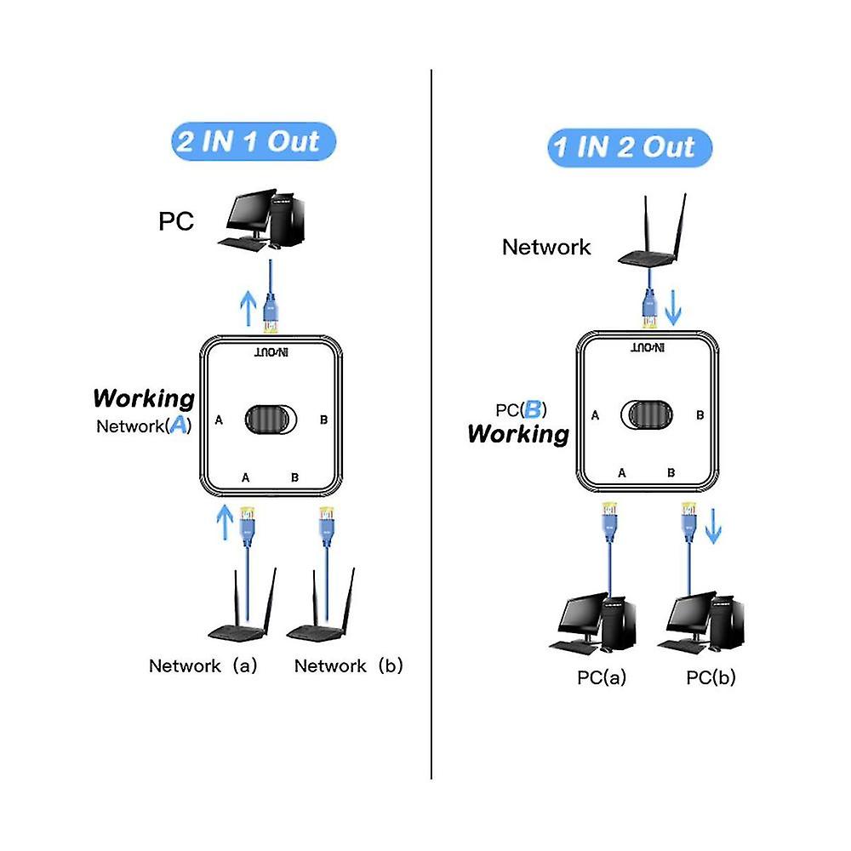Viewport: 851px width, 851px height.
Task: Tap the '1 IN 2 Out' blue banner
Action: (x=630, y=147)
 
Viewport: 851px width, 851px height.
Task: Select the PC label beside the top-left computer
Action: (x=176, y=222)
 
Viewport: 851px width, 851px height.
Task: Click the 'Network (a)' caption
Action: (x=203, y=665)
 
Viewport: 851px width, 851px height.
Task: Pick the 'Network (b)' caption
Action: (x=348, y=665)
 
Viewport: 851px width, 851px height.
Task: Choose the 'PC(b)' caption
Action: (x=711, y=677)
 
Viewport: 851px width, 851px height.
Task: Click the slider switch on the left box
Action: (x=272, y=420)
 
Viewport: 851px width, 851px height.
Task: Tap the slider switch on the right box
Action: (x=648, y=414)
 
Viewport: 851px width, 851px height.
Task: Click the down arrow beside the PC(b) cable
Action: (x=713, y=527)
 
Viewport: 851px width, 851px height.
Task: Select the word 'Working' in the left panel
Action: (x=144, y=397)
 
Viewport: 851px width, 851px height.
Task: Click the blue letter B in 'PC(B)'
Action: (x=534, y=409)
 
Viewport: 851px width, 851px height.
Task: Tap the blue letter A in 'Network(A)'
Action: (x=179, y=425)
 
